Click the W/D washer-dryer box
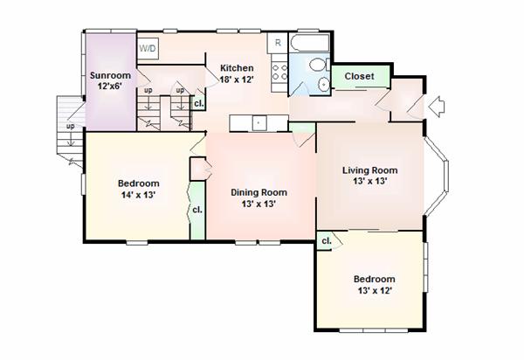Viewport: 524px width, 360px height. click(x=148, y=48)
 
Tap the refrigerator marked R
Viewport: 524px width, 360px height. click(x=278, y=43)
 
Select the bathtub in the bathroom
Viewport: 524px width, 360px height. click(x=309, y=43)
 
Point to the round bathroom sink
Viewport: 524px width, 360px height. click(x=323, y=84)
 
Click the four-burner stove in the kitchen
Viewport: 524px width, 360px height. click(x=279, y=73)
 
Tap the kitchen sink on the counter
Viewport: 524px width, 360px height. click(x=258, y=122)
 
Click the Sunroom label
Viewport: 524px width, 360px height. click(x=110, y=75)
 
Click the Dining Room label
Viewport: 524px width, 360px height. click(x=259, y=192)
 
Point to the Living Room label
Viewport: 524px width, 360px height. click(x=370, y=170)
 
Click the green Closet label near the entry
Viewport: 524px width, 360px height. click(x=359, y=76)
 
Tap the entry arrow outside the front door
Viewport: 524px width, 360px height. click(x=437, y=107)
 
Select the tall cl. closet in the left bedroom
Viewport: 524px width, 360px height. click(x=197, y=211)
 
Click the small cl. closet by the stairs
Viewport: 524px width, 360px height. click(x=198, y=103)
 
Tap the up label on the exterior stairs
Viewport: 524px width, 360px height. click(x=70, y=127)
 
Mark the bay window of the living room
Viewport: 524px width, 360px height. click(x=437, y=177)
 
